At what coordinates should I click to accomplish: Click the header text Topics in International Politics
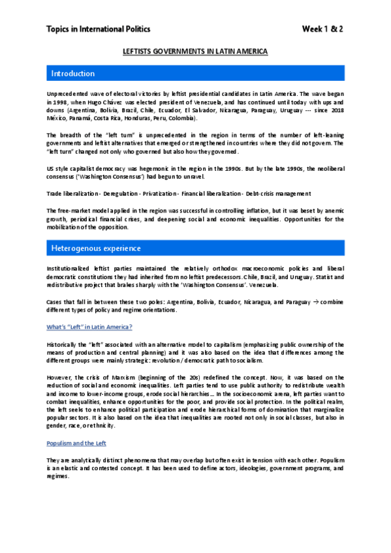pos(98,29)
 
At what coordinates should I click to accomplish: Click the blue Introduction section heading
pos(73,73)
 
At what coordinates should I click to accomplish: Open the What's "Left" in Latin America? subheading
pos(89,327)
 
